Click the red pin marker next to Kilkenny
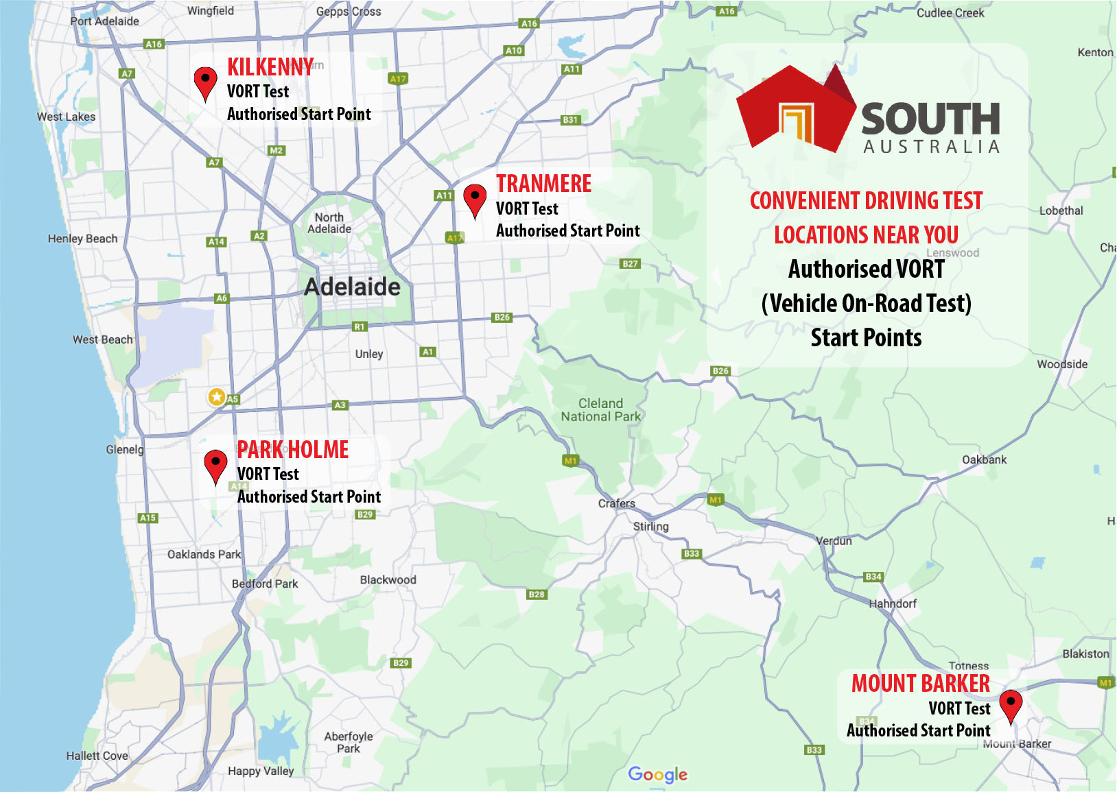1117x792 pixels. pos(205,82)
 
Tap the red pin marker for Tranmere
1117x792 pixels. pos(475,199)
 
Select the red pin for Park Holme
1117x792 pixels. pos(215,465)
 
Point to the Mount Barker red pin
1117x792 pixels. pos(1010,705)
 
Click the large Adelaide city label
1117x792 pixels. pos(352,287)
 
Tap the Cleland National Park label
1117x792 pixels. pos(600,410)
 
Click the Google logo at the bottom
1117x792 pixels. pos(657,774)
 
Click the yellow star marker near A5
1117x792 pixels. pos(217,396)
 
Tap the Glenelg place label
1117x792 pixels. pos(125,450)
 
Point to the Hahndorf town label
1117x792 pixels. pos(892,604)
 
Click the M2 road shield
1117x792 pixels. pos(276,150)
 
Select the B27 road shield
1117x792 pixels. pos(629,263)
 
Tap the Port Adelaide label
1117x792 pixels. pos(104,21)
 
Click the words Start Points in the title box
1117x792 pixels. pos(866,338)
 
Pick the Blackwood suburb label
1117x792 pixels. pos(388,580)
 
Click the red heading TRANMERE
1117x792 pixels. pos(543,184)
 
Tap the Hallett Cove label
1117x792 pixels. pos(97,756)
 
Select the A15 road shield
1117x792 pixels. pos(148,518)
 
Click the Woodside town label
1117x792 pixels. pos(1061,365)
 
